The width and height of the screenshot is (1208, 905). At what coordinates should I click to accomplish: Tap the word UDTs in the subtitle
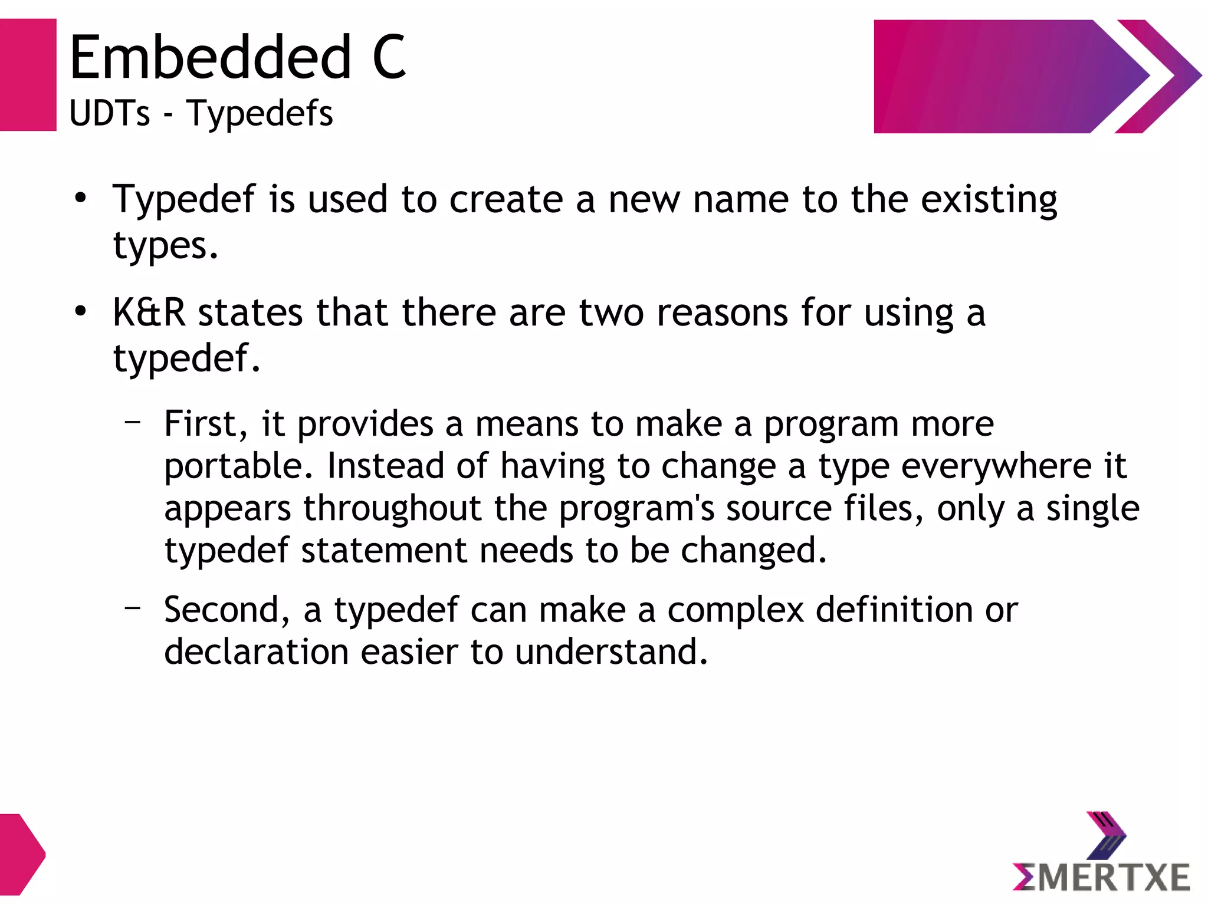110,113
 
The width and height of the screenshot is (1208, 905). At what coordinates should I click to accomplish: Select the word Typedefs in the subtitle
260,113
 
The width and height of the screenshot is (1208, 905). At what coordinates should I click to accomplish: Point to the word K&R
149,312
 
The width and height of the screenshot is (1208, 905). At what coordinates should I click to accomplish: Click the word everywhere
996,466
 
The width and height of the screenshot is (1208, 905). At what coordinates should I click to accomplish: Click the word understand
611,652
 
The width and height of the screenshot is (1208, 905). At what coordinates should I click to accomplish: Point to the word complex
736,610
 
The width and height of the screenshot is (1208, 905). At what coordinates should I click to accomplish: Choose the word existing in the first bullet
989,200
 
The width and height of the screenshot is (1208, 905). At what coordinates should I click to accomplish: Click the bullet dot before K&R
81,311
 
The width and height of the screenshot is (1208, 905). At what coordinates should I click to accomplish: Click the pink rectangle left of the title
28,75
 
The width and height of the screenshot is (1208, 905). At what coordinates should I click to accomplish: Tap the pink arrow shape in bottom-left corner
21,854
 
